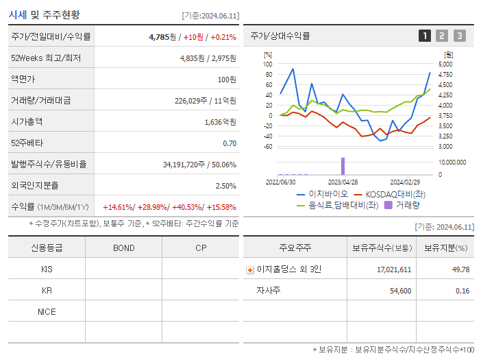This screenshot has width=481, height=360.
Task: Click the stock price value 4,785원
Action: click(163, 36)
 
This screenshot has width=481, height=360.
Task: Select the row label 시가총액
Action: click(27, 121)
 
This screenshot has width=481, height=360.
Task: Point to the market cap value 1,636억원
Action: click(220, 121)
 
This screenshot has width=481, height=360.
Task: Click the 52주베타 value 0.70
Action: click(230, 143)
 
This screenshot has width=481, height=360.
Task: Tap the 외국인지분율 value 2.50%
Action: click(225, 186)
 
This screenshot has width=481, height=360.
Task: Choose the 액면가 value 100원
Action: click(227, 79)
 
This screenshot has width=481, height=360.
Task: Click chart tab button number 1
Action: click(425, 36)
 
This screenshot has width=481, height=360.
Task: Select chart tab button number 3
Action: click(459, 36)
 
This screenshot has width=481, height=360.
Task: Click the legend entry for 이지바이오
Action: click(320, 194)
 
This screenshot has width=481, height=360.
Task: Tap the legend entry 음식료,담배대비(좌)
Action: click(337, 204)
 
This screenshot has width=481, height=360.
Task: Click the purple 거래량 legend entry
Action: click(404, 204)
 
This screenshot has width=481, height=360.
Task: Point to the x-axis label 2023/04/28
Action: click(343, 182)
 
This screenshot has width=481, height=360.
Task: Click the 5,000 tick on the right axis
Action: click(445, 64)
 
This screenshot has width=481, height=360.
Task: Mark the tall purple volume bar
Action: click(343, 166)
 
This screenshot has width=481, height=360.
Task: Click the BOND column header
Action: click(123, 248)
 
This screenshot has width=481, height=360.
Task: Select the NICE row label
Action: click(47, 311)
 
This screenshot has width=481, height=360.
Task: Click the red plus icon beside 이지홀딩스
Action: click(250, 269)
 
